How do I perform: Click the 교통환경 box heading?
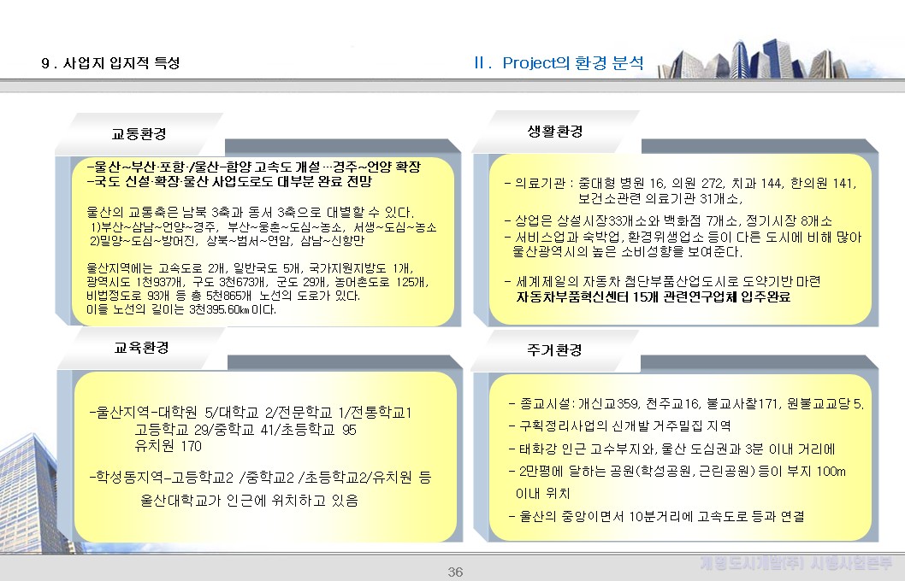pyautogui.click(x=139, y=134)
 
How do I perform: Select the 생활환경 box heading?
pyautogui.click(x=555, y=132)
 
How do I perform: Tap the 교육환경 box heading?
pyautogui.click(x=141, y=348)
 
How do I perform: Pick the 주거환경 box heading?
pyautogui.click(x=555, y=350)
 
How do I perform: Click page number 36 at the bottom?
pyautogui.click(x=455, y=572)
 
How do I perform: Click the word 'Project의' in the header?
pyautogui.click(x=536, y=63)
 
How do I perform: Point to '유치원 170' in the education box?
pyautogui.click(x=169, y=446)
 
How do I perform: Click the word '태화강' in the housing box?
pyautogui.click(x=536, y=449)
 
